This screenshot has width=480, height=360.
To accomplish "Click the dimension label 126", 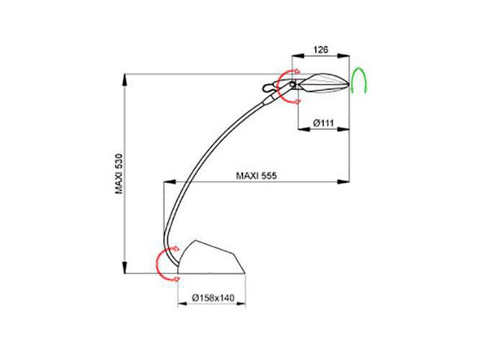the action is pyautogui.click(x=320, y=49).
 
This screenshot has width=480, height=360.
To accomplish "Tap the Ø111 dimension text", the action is pyautogui.click(x=323, y=123).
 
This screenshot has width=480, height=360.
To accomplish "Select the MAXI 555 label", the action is pyautogui.click(x=256, y=176).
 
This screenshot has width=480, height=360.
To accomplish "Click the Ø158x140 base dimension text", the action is pyautogui.click(x=213, y=298).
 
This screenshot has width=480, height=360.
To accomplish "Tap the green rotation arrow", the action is pyautogui.click(x=358, y=79).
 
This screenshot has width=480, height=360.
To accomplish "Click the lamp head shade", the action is pyautogui.click(x=324, y=83).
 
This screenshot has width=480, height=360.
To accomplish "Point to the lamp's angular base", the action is pyautogui.click(x=211, y=257).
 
